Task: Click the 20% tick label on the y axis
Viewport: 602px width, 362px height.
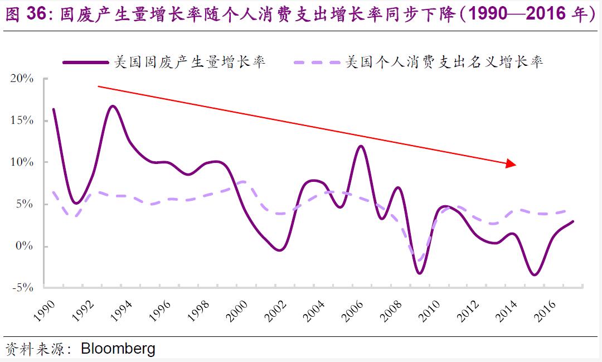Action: click(22, 79)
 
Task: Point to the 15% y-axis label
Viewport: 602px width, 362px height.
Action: click(22, 120)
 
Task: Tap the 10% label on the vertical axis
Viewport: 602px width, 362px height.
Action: click(22, 162)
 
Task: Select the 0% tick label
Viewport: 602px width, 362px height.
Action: click(25, 247)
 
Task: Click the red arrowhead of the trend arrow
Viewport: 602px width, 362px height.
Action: click(511, 164)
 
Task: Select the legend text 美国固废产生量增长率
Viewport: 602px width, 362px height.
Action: click(189, 62)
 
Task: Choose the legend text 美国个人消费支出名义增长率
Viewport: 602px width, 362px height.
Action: click(444, 62)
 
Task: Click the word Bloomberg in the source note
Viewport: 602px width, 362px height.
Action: click(118, 350)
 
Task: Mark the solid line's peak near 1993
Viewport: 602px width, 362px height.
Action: click(113, 105)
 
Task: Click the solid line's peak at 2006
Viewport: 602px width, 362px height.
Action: click(361, 146)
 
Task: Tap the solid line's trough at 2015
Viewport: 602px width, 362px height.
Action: click(535, 274)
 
